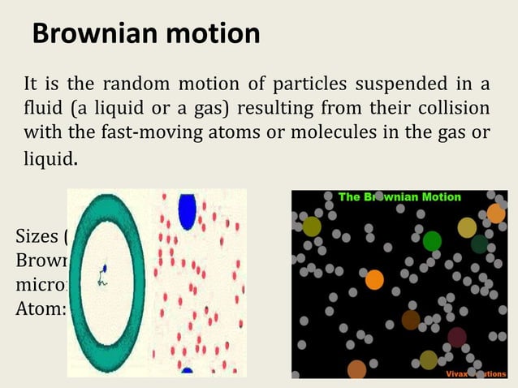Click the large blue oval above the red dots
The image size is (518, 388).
(x=188, y=211)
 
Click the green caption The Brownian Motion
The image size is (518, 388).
(x=399, y=197)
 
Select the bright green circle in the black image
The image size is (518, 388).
(x=432, y=240)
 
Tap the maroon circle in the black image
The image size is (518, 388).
(x=457, y=337)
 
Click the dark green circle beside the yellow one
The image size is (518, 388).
(x=480, y=244)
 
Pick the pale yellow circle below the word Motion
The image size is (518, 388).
(x=467, y=227)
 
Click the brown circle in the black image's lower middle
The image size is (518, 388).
(x=411, y=320)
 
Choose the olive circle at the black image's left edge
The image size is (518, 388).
(x=312, y=226)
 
